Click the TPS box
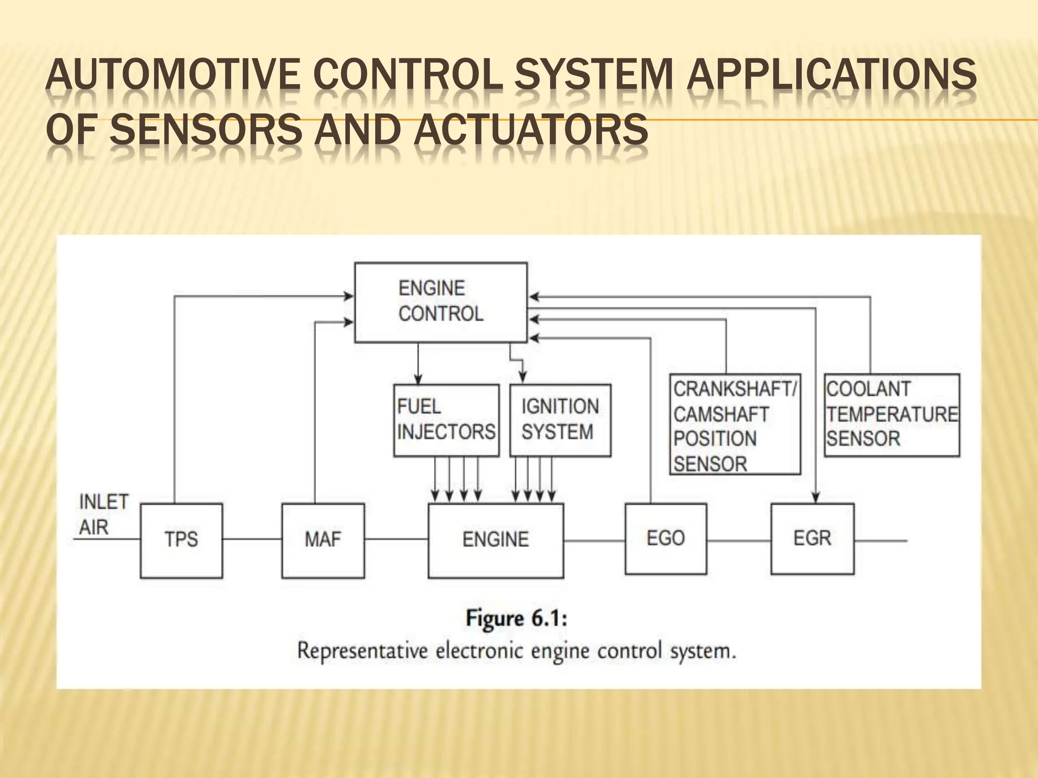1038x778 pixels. (181, 540)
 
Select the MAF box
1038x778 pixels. (323, 540)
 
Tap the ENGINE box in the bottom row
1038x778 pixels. (496, 540)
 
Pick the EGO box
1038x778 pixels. (665, 538)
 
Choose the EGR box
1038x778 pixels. (812, 538)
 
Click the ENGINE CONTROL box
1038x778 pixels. (440, 302)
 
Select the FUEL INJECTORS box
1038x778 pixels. (446, 420)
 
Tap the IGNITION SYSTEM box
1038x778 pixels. (560, 420)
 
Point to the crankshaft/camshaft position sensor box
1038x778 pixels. (735, 424)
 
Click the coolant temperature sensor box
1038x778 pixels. (892, 415)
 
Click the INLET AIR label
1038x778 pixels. (103, 515)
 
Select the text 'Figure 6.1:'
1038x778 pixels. (516, 619)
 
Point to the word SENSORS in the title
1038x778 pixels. (205, 130)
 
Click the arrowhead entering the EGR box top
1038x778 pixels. (815, 498)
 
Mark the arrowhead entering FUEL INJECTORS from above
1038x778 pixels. (418, 379)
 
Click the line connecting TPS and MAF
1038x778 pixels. (252, 540)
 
